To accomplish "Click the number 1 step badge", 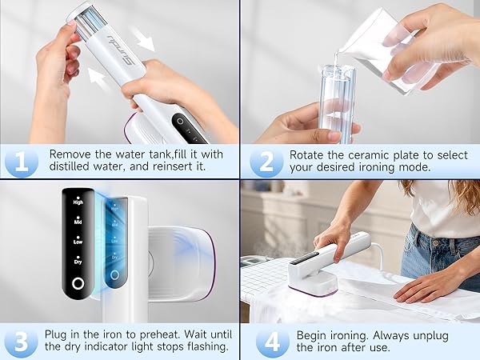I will click(x=21, y=161).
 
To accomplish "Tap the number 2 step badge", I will click(x=264, y=161).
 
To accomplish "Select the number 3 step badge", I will click(x=21, y=340).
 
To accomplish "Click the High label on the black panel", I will click(x=78, y=202).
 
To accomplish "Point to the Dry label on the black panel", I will click(x=78, y=259).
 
